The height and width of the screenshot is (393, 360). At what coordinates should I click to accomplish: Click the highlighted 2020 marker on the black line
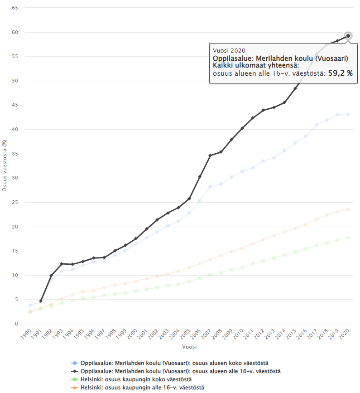pyautogui.click(x=348, y=36)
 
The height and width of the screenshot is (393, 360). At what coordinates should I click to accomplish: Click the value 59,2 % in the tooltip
pyautogui.click(x=340, y=73)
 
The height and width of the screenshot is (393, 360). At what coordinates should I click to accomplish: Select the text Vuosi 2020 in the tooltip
pyautogui.click(x=229, y=51)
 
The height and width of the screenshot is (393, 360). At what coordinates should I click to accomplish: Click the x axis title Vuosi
pyautogui.click(x=189, y=348)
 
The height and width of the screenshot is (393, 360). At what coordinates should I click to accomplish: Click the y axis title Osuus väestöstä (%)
pyautogui.click(x=5, y=166)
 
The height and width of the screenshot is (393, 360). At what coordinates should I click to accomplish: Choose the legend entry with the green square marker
pyautogui.click(x=136, y=379)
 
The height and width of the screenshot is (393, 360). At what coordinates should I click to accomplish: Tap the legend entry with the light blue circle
pyautogui.click(x=174, y=363)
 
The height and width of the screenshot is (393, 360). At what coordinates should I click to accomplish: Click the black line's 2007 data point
pyautogui.click(x=210, y=155)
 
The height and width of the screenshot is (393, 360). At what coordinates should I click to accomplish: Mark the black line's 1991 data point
pyautogui.click(x=41, y=301)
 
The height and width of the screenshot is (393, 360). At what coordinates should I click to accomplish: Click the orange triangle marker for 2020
pyautogui.click(x=348, y=209)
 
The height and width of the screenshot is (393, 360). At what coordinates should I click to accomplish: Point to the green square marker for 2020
pyautogui.click(x=348, y=238)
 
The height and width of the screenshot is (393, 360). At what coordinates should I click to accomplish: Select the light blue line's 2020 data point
pyautogui.click(x=348, y=114)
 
